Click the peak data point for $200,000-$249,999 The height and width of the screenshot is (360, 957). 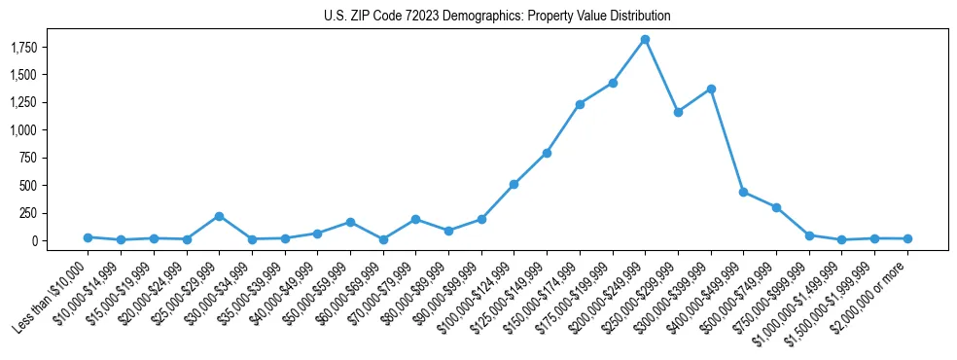[x=645, y=39]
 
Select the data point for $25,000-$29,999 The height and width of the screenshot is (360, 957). [x=219, y=216]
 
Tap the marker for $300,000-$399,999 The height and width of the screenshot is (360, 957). [x=711, y=89]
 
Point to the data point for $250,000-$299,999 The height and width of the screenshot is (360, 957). [x=678, y=112]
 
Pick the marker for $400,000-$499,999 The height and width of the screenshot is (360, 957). [x=743, y=193]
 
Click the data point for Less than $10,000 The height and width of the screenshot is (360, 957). [x=88, y=237]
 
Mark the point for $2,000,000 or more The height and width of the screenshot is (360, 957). [x=907, y=238]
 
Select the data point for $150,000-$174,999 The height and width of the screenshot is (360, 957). [x=580, y=104]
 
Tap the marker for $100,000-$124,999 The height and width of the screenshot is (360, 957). [x=514, y=184]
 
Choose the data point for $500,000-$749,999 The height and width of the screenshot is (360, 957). [x=776, y=207]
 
